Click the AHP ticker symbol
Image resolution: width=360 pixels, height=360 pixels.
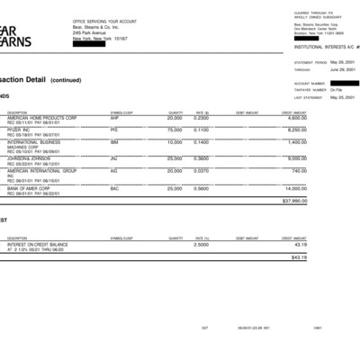(114, 118)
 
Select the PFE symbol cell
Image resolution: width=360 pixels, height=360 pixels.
(114, 130)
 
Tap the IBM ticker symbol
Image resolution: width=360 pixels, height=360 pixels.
(114, 141)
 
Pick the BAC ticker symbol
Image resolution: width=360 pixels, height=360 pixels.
(114, 188)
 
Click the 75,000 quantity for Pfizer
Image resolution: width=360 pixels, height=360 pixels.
(175, 130)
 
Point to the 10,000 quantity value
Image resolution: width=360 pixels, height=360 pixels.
(175, 141)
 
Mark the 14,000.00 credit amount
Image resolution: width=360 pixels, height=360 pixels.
(295, 188)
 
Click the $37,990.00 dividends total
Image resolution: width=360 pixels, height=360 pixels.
(294, 201)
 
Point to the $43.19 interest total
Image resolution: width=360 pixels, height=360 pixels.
(299, 257)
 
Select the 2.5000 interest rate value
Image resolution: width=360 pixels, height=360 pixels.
(202, 244)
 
